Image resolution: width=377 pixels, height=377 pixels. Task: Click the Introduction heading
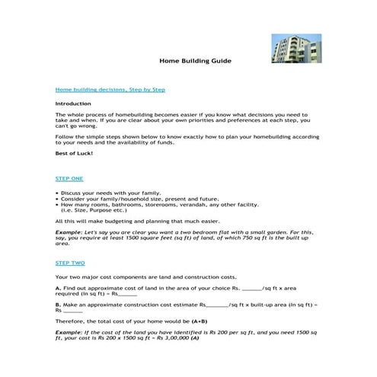tap(73, 103)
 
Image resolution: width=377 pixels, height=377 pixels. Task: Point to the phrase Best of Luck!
tap(74, 154)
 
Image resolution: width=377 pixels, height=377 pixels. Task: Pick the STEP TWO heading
tap(70, 262)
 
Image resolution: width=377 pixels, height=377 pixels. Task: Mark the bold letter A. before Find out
tap(59, 289)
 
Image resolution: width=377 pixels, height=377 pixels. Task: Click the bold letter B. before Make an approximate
tap(59, 305)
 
